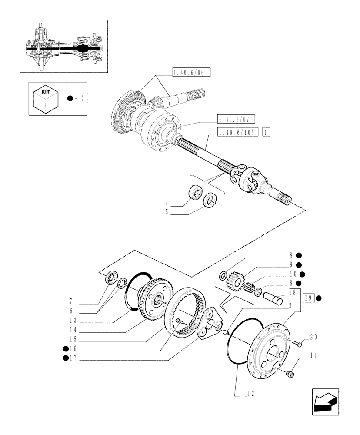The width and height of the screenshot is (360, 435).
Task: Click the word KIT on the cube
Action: point(45,92)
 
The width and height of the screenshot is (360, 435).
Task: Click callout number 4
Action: point(167,204)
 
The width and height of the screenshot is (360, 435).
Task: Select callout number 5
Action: point(167,213)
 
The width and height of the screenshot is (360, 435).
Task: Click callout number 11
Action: point(315,355)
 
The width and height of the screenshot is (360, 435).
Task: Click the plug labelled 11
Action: point(291,373)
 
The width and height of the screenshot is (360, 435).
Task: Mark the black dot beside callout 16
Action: point(66,348)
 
